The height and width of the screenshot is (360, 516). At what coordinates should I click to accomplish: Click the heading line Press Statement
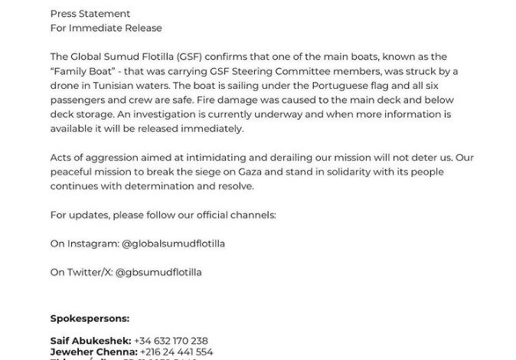[x=90, y=14]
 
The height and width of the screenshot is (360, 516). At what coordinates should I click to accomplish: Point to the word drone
[x=64, y=86]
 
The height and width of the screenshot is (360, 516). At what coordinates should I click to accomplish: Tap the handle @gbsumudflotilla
[x=159, y=272]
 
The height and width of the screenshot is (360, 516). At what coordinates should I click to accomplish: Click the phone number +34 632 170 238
[x=170, y=340]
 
